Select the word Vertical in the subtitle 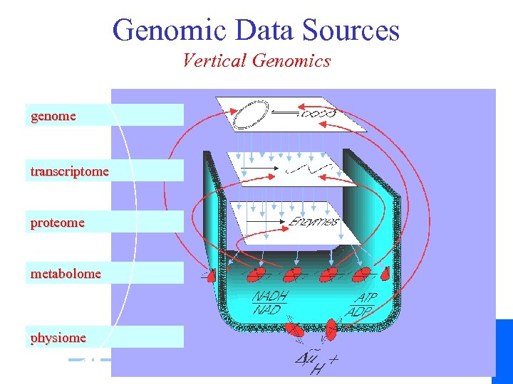click(210, 61)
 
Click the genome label click(53, 116)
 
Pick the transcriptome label click(69, 171)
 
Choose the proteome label click(57, 223)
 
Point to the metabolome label click(66, 273)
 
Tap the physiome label click(58, 338)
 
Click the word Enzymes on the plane click(314, 221)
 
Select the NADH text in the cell click(270, 296)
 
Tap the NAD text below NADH click(266, 310)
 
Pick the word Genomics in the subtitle click(291, 61)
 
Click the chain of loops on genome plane click(320, 113)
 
